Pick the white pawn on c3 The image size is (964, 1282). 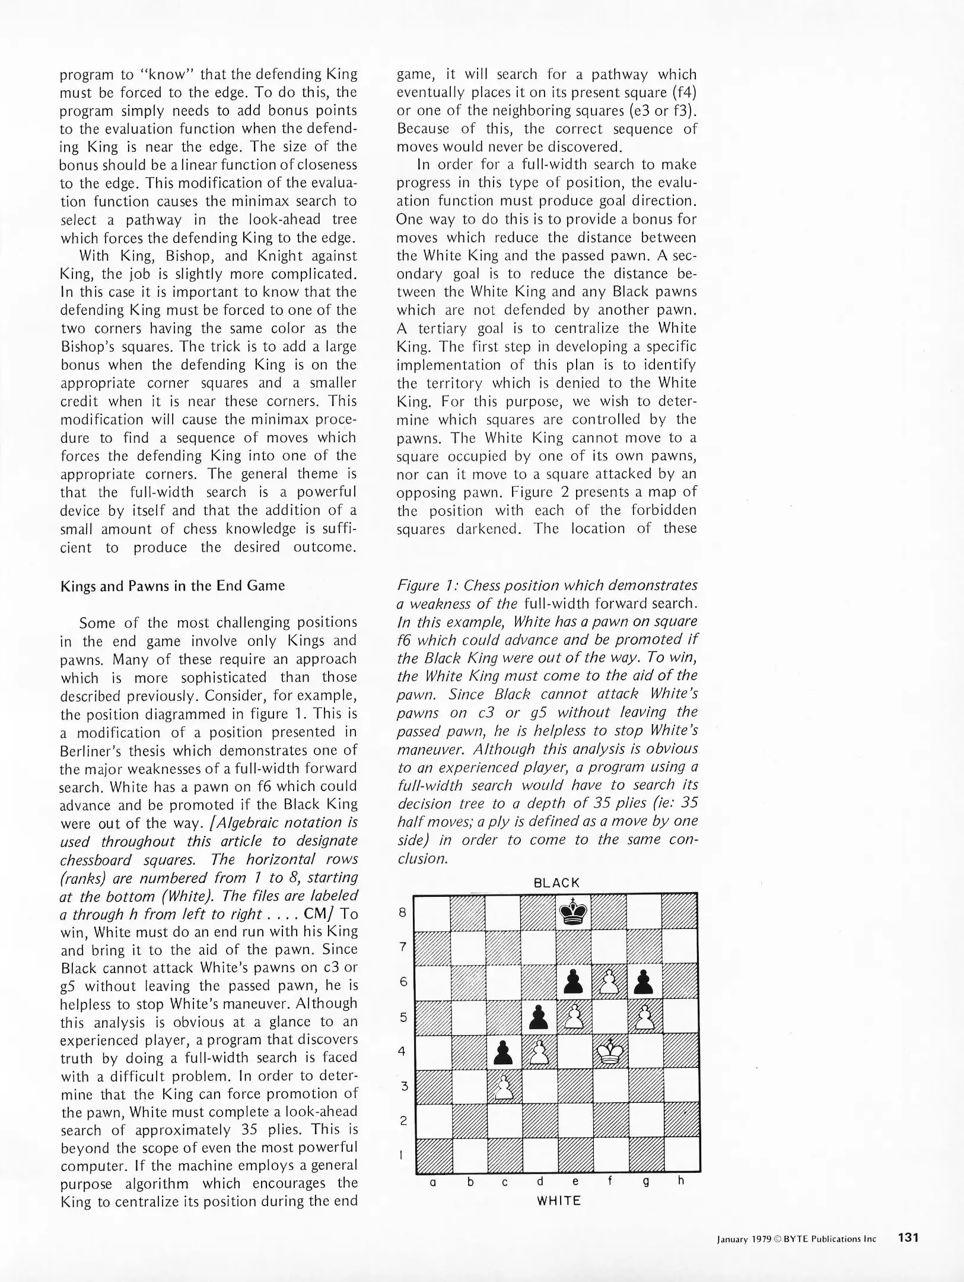[x=504, y=1088]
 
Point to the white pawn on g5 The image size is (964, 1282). [x=645, y=1018]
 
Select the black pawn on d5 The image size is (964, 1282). [x=539, y=1018]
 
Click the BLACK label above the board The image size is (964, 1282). [x=556, y=883]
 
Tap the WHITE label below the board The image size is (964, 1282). [x=558, y=1201]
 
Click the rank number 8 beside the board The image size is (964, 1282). [x=402, y=913]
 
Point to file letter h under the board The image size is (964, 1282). [x=681, y=1181]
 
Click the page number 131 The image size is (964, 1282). [x=908, y=1237]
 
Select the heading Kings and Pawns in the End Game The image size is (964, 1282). [x=173, y=586]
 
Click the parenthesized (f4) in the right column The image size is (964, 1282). [x=684, y=93]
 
